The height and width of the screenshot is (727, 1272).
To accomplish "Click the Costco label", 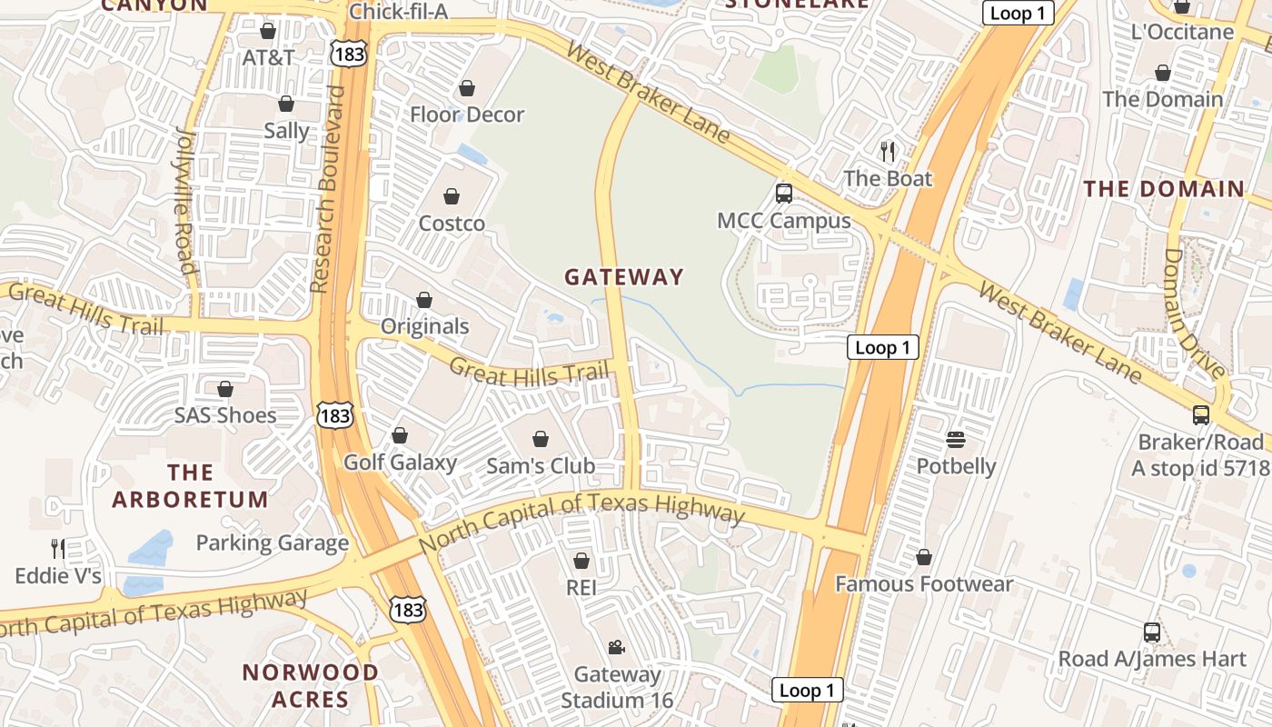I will tap(452, 224).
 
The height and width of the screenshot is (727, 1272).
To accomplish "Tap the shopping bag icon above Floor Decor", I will tap(467, 88).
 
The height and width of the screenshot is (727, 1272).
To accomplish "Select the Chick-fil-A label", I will tap(399, 12).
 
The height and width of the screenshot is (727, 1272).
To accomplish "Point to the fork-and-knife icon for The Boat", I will tap(888, 151).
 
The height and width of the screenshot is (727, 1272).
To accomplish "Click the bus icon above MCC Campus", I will tap(783, 193).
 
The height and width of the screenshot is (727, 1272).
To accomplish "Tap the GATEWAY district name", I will tap(623, 277).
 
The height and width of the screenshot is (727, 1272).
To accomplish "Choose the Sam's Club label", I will tap(541, 466).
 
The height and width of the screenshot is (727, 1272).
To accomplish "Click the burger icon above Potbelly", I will tap(955, 440).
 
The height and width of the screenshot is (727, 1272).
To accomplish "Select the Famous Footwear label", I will tap(923, 583).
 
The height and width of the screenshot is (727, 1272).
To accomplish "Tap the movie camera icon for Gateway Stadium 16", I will tap(616, 647).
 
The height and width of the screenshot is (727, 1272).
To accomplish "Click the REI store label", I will tap(581, 588).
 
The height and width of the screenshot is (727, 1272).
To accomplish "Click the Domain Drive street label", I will tap(1194, 313).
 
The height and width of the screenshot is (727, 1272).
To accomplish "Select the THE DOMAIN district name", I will tap(1164, 189).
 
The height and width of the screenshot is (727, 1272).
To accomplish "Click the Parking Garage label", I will tap(273, 543).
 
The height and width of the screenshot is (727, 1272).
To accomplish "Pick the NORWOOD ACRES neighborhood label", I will tap(310, 686).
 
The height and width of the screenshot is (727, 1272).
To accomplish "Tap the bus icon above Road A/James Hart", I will tap(1151, 632).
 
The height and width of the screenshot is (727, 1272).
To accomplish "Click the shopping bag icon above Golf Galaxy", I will tap(400, 435).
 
